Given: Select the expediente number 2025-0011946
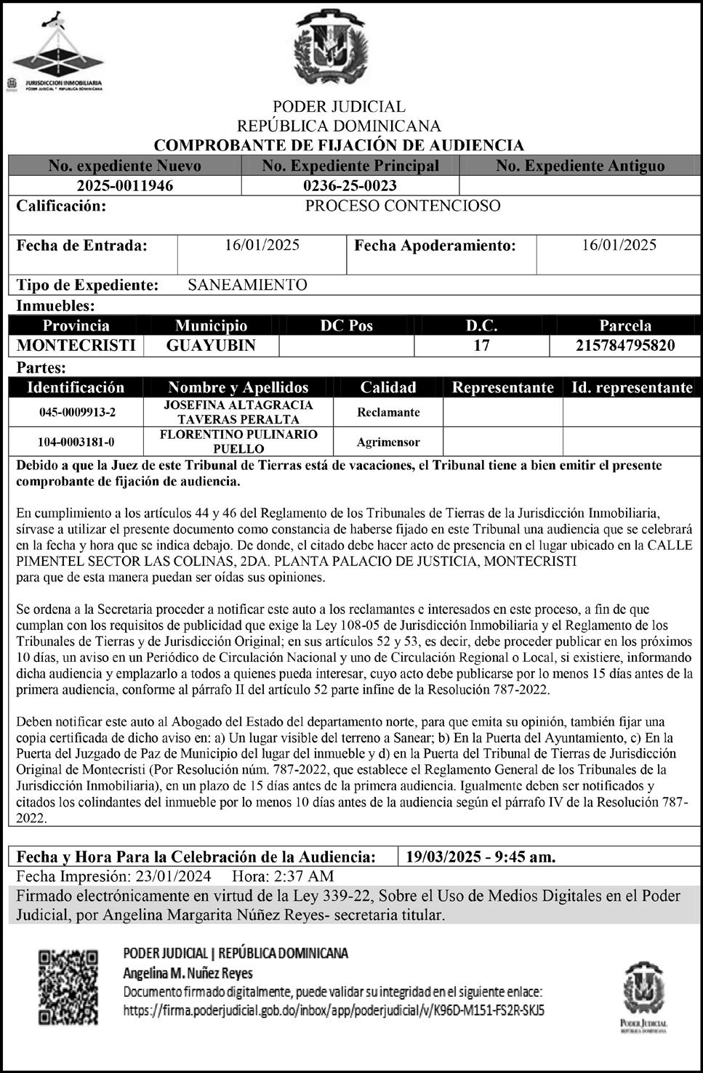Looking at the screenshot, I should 125,185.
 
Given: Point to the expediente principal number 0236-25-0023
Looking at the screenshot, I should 350,185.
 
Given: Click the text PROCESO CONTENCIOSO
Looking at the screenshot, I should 402,206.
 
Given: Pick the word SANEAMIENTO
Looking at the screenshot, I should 247,285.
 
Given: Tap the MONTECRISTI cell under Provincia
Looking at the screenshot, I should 76,345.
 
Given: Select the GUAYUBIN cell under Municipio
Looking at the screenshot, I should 211,345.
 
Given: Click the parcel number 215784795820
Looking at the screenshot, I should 625,345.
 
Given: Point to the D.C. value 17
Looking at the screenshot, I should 481,345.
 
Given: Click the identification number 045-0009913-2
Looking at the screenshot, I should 77,413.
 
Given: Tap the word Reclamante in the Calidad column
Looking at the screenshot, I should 388,413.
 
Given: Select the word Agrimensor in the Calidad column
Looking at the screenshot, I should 388,442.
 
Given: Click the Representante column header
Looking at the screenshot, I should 502,387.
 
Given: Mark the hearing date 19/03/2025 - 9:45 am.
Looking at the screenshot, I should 481,857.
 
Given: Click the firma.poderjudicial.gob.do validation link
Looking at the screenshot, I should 334,1010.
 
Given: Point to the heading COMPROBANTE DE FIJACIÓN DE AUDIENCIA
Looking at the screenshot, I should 339,145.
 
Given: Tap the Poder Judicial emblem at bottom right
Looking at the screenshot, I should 644,995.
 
